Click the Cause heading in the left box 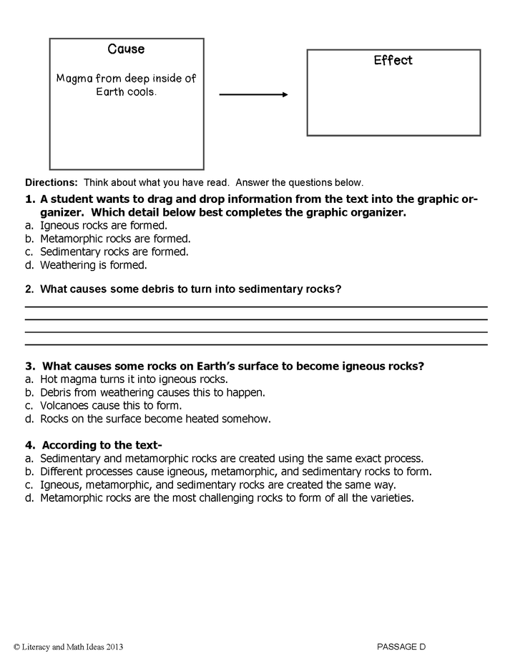coord(126,49)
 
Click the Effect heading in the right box coord(393,61)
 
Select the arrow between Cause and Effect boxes coord(253,94)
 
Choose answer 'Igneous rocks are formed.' coord(104,225)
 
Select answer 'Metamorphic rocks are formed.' coord(115,239)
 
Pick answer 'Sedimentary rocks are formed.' coord(114,252)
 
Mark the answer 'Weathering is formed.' coord(93,265)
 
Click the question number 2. coord(29,289)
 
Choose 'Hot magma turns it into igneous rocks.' coord(134,379)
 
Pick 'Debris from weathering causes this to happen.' coord(152,392)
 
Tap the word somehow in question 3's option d coord(250,419)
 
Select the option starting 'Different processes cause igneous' coord(236,472)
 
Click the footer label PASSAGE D coord(401,647)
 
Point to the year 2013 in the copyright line coord(114,647)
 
